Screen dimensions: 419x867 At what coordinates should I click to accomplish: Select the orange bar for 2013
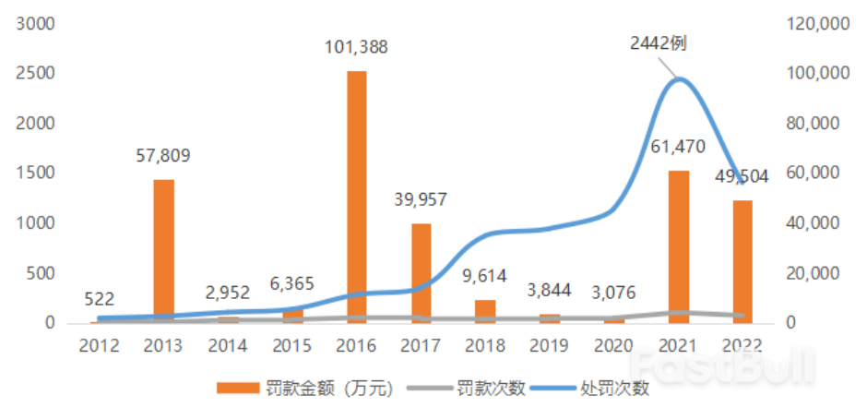163,250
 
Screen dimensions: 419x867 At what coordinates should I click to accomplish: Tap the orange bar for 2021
679,246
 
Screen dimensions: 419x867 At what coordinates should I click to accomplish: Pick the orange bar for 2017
421,273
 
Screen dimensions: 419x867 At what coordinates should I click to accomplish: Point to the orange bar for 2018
485,311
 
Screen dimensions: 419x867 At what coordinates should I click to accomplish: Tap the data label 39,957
421,200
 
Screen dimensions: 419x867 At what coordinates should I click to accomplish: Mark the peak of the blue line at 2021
679,79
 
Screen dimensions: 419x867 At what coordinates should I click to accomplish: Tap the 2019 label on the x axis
550,345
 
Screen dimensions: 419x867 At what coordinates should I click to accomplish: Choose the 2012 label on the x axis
99,345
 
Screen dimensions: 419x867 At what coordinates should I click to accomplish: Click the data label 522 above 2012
99,299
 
